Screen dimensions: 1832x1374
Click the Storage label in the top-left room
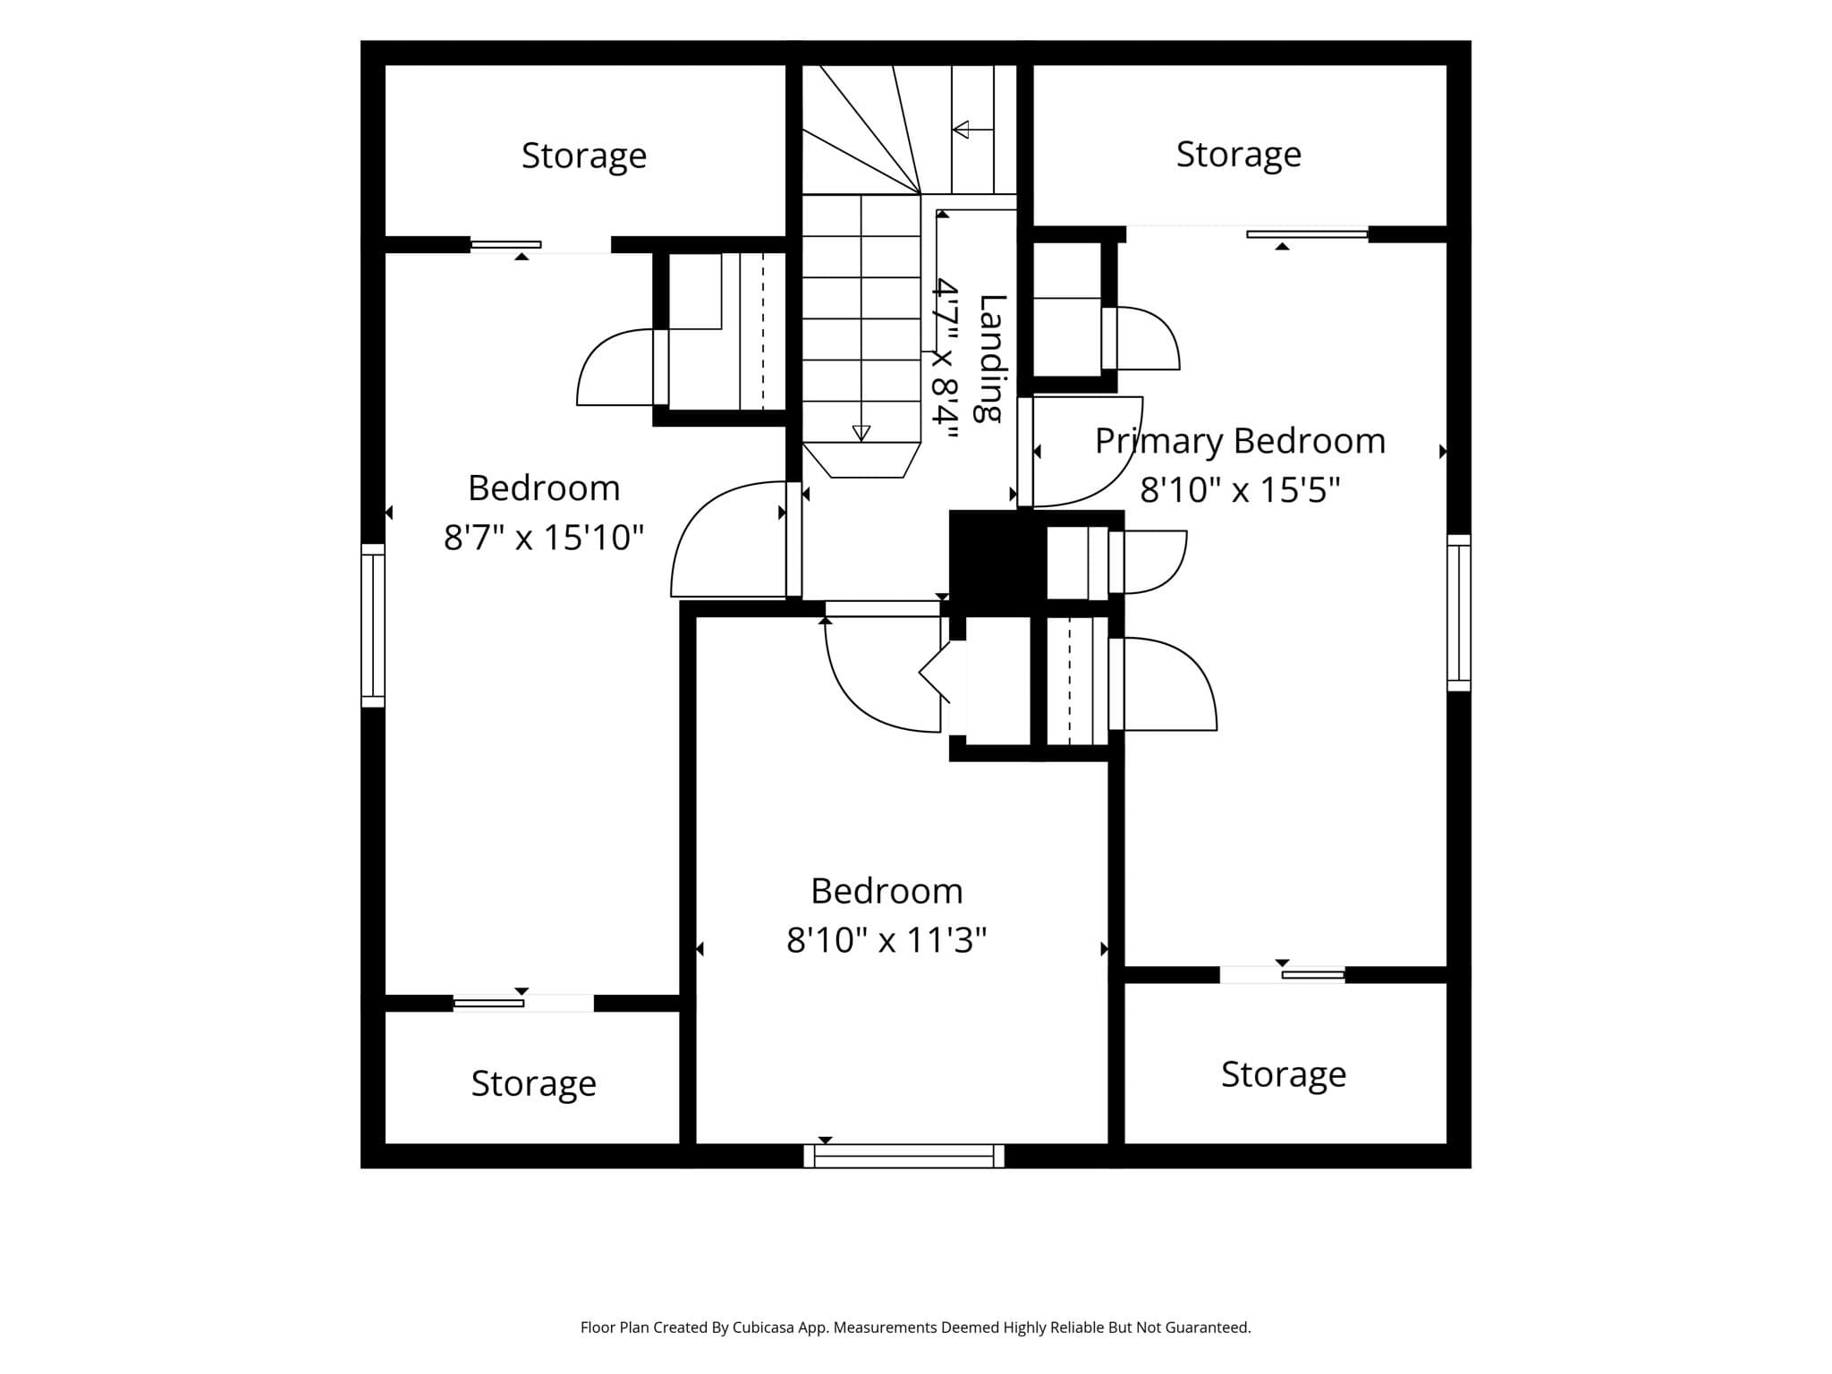584,156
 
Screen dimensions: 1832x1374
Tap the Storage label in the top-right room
1239,154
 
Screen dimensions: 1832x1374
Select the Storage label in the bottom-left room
534,1083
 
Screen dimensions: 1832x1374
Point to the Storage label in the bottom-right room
1284,1074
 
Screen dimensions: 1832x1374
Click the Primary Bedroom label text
1241,441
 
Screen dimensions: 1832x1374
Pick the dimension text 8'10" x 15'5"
1241,490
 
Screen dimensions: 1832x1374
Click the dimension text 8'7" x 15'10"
544,538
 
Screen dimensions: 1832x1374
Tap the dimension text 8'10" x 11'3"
886,940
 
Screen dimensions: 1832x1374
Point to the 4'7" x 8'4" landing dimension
945,360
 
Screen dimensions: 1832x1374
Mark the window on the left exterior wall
373,625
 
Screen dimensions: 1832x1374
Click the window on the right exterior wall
1459,613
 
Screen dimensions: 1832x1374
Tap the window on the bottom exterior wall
903,1156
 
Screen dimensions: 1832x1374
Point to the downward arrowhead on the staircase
861,434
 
